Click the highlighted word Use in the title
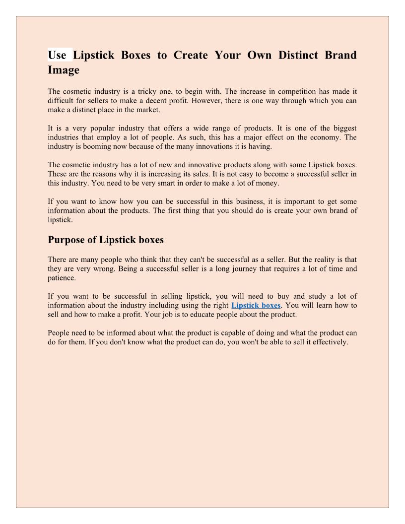(58, 55)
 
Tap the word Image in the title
(64, 70)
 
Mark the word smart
(138, 183)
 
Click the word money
(267, 183)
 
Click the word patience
(62, 278)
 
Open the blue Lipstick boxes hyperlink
(256, 305)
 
